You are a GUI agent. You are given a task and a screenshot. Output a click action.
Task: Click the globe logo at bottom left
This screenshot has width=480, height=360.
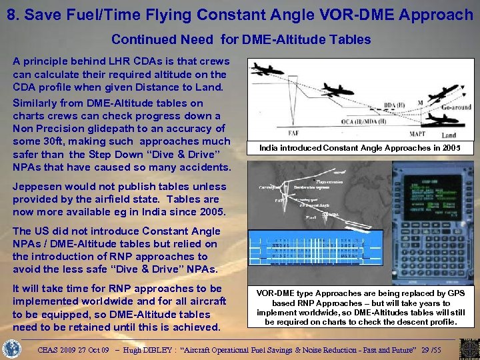(12, 348)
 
